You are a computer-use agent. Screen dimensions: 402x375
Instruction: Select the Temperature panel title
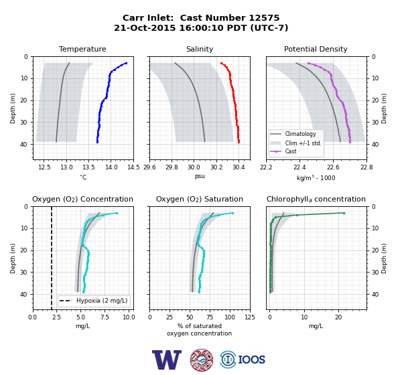click(82, 49)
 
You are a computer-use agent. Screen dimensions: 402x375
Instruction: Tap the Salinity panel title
click(200, 49)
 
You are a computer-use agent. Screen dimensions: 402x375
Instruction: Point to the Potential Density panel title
click(316, 49)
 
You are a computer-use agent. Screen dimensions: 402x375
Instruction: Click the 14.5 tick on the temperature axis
click(133, 167)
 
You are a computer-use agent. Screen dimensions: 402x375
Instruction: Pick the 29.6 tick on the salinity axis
click(149, 167)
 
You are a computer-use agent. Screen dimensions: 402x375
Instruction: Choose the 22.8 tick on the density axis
click(366, 167)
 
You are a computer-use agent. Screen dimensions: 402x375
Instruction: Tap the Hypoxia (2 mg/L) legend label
click(102, 301)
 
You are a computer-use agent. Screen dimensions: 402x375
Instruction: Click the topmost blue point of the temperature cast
click(126, 63)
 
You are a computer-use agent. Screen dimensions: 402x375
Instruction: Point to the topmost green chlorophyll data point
click(344, 213)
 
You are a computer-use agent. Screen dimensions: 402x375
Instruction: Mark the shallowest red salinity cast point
click(221, 63)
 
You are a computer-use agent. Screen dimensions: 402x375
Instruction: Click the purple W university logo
click(167, 360)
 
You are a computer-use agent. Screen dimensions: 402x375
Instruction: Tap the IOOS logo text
click(251, 360)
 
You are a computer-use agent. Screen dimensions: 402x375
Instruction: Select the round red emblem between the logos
click(202, 360)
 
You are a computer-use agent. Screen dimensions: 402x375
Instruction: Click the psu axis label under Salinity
click(200, 176)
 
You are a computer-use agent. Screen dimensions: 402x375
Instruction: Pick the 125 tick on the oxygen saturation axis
click(250, 317)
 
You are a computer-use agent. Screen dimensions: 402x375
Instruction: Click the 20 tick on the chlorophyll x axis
click(338, 317)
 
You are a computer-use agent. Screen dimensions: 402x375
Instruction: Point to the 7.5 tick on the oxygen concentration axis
click(105, 317)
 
